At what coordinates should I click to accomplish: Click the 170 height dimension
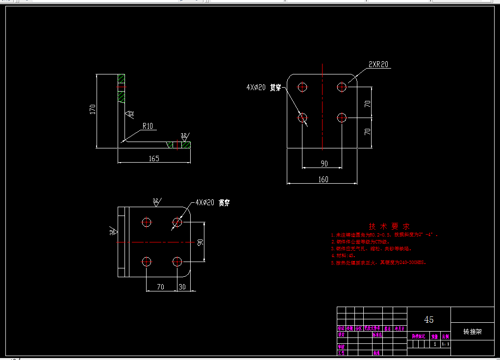(x=92, y=110)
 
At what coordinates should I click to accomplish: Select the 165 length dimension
(x=153, y=158)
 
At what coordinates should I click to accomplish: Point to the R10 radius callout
(x=148, y=126)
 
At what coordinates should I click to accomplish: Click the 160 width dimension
(x=323, y=179)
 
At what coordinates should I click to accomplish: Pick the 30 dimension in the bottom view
(x=182, y=287)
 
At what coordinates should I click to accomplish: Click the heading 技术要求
(x=389, y=226)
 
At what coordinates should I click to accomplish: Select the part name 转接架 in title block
(x=473, y=332)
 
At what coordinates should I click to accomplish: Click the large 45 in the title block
(x=428, y=320)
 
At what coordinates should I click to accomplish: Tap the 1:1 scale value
(x=445, y=344)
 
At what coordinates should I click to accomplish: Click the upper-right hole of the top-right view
(x=342, y=87)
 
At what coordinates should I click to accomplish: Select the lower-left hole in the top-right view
(x=302, y=118)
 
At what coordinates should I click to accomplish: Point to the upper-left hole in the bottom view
(x=147, y=222)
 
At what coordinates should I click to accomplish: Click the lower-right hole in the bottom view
(x=177, y=261)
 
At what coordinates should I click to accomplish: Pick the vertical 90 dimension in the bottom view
(x=200, y=242)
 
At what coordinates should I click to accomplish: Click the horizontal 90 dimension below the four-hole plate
(x=324, y=164)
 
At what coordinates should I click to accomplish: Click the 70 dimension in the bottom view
(x=161, y=287)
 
